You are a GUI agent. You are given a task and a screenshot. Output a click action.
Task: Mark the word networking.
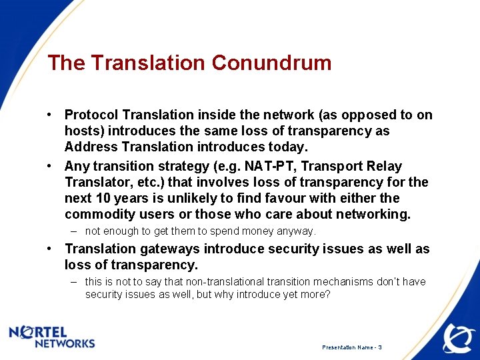[x=373, y=214]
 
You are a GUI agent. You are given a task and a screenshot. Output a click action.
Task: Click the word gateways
[x=167, y=249]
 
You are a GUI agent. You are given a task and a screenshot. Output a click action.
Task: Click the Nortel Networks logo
[x=52, y=337]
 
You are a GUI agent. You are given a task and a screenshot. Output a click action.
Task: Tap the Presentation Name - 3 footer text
[x=351, y=347]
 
